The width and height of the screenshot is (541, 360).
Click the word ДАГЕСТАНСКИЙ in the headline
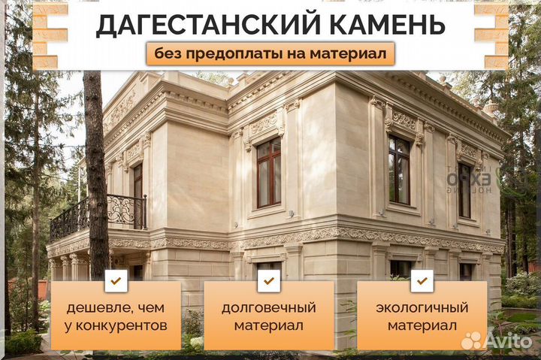coord(191,25)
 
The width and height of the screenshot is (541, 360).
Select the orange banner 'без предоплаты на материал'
coord(270,53)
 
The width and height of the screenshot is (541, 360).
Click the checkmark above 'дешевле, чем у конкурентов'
coord(116,281)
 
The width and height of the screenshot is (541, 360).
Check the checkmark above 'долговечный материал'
coord(268,281)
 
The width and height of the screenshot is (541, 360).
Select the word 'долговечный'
coord(268,308)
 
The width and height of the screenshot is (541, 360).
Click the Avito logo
coord(495,340)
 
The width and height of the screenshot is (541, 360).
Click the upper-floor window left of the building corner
coord(268,172)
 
